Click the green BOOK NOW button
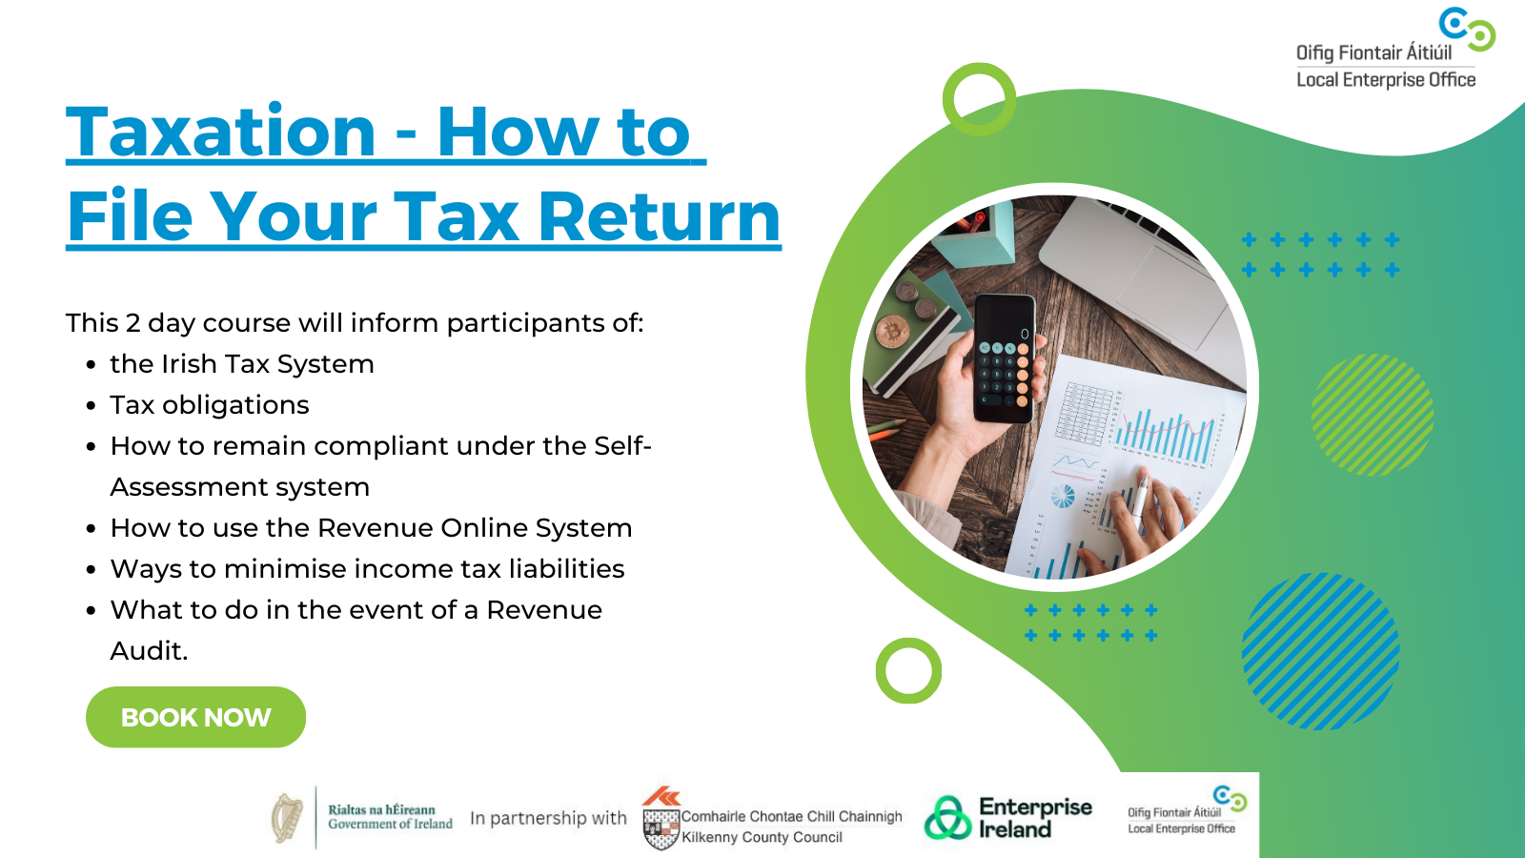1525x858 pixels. click(x=195, y=717)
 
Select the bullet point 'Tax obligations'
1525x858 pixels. click(x=210, y=405)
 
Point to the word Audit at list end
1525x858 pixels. click(x=149, y=651)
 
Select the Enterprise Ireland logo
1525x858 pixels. click(x=1008, y=818)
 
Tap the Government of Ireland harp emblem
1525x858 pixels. click(x=287, y=818)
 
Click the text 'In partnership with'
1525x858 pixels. click(x=548, y=818)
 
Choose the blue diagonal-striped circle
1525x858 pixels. click(x=1320, y=651)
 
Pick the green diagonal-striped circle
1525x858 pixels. click(x=1372, y=415)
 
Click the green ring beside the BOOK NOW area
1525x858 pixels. click(x=908, y=670)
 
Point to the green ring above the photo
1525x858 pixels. click(x=979, y=99)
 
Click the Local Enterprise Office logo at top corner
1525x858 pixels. click(x=1392, y=52)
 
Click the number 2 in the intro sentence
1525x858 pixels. click(x=132, y=323)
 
